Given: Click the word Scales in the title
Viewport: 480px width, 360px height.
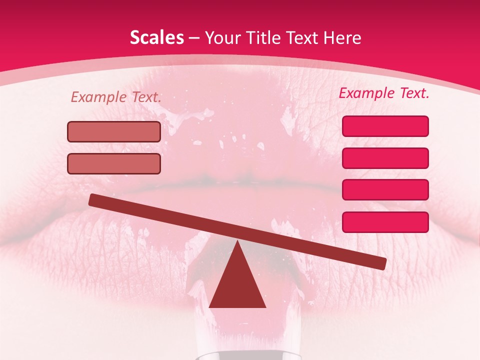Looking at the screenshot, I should pyautogui.click(x=156, y=38).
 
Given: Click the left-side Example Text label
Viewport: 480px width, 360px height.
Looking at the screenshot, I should pyautogui.click(x=116, y=97).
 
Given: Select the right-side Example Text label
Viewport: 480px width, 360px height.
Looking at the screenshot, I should pyautogui.click(x=384, y=93).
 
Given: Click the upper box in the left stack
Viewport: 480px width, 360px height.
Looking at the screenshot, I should pyautogui.click(x=114, y=131).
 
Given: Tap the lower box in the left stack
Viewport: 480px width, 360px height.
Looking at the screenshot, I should pyautogui.click(x=114, y=163).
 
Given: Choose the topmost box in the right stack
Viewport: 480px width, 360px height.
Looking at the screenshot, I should pyautogui.click(x=385, y=126).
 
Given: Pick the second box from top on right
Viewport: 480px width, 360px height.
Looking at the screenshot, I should pyautogui.click(x=385, y=158).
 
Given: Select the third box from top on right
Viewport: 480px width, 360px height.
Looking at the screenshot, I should pyautogui.click(x=385, y=190).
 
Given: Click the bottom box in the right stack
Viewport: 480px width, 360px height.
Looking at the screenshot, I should pyautogui.click(x=385, y=222).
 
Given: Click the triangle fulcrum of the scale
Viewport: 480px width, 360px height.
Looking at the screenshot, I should pyautogui.click(x=237, y=285).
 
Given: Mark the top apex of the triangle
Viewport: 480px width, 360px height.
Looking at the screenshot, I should pyautogui.click(x=237, y=242).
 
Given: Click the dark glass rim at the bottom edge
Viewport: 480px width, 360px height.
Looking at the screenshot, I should pyautogui.click(x=237, y=356).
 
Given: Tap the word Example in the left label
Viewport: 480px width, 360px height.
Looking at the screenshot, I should pyautogui.click(x=98, y=97).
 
